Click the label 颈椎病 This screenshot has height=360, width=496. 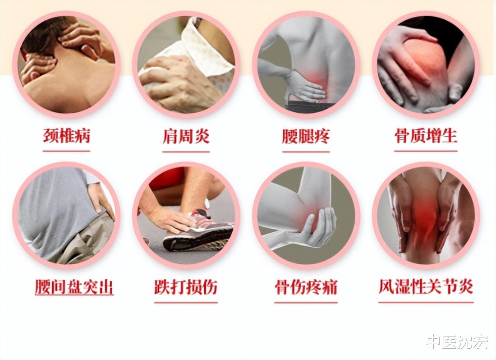(x=67, y=136)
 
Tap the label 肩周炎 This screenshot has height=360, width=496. (x=186, y=136)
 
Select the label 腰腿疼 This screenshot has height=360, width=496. (x=306, y=136)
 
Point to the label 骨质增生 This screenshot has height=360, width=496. (x=426, y=135)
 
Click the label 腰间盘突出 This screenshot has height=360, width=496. (x=74, y=287)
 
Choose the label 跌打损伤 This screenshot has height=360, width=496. (x=186, y=287)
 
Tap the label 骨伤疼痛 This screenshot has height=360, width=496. (x=306, y=287)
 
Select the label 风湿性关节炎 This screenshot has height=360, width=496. (x=426, y=287)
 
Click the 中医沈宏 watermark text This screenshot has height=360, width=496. (x=457, y=342)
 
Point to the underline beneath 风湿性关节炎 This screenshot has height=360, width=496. (x=426, y=302)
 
